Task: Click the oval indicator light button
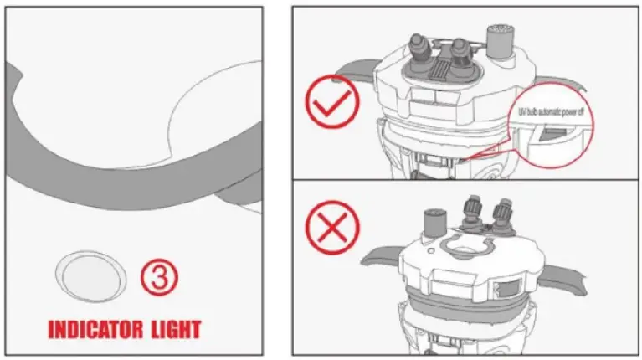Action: (90, 274)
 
